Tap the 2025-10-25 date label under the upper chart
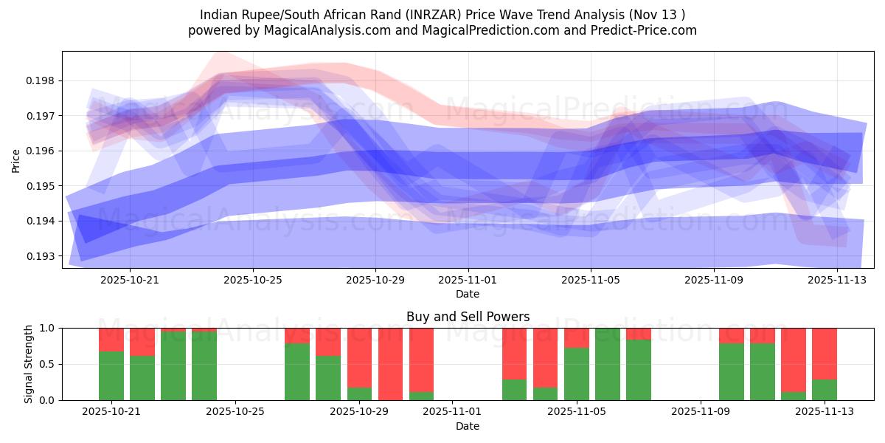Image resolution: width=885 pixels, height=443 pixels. tap(253, 281)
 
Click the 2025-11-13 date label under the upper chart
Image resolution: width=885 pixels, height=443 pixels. tap(836, 281)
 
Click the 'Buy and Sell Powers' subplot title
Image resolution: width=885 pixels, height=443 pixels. tap(468, 317)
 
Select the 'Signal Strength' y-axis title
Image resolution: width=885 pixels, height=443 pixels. tap(29, 364)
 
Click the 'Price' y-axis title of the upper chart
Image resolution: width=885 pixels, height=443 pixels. tap(16, 159)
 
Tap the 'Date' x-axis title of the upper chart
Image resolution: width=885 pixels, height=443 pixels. tap(468, 294)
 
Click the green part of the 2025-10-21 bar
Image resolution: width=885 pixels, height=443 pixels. tap(111, 376)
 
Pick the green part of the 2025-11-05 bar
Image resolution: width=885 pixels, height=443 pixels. tap(576, 374)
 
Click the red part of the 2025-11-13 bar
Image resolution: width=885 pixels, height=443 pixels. tap(825, 353)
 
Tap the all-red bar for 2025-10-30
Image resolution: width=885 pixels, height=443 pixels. tap(390, 364)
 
